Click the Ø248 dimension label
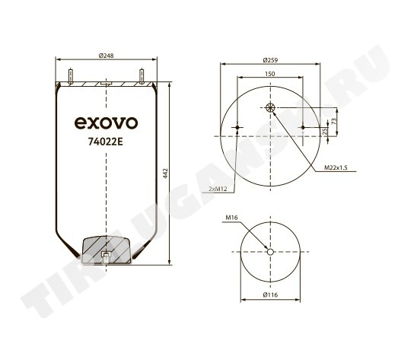pyautogui.click(x=106, y=56)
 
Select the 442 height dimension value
pyautogui.click(x=165, y=174)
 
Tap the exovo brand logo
pyautogui.click(x=106, y=123)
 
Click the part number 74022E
pyautogui.click(x=106, y=142)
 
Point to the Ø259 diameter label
pyautogui.click(x=270, y=60)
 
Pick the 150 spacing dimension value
pyautogui.click(x=270, y=74)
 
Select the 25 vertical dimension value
pyautogui.click(x=324, y=132)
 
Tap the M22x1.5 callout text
pyautogui.click(x=336, y=167)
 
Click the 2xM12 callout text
pyautogui.click(x=218, y=189)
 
